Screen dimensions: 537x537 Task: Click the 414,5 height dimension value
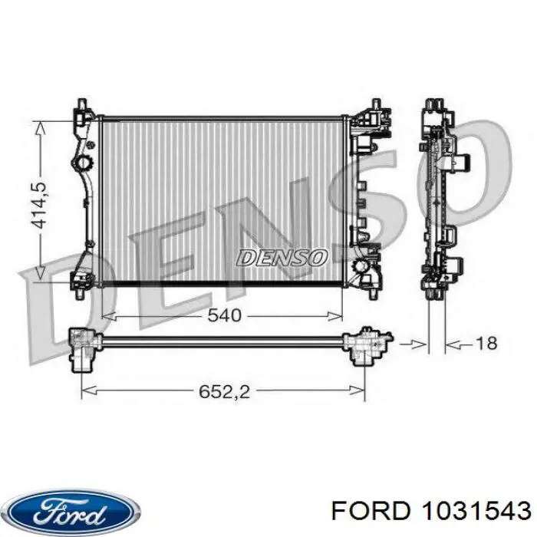pos(38,206)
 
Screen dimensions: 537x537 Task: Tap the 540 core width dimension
pos(224,315)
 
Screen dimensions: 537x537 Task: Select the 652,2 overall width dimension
pos(224,391)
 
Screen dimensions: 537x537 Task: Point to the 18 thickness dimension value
pos(486,343)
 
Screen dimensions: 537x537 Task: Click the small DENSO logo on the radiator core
pos(282,257)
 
